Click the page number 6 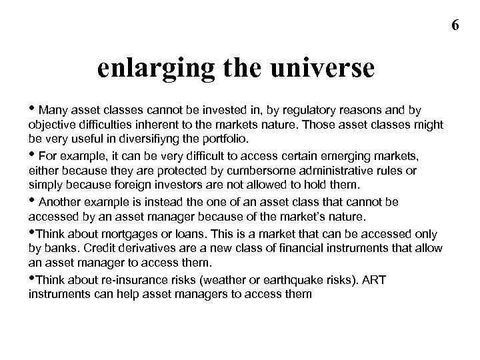455,25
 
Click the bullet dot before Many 32,109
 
